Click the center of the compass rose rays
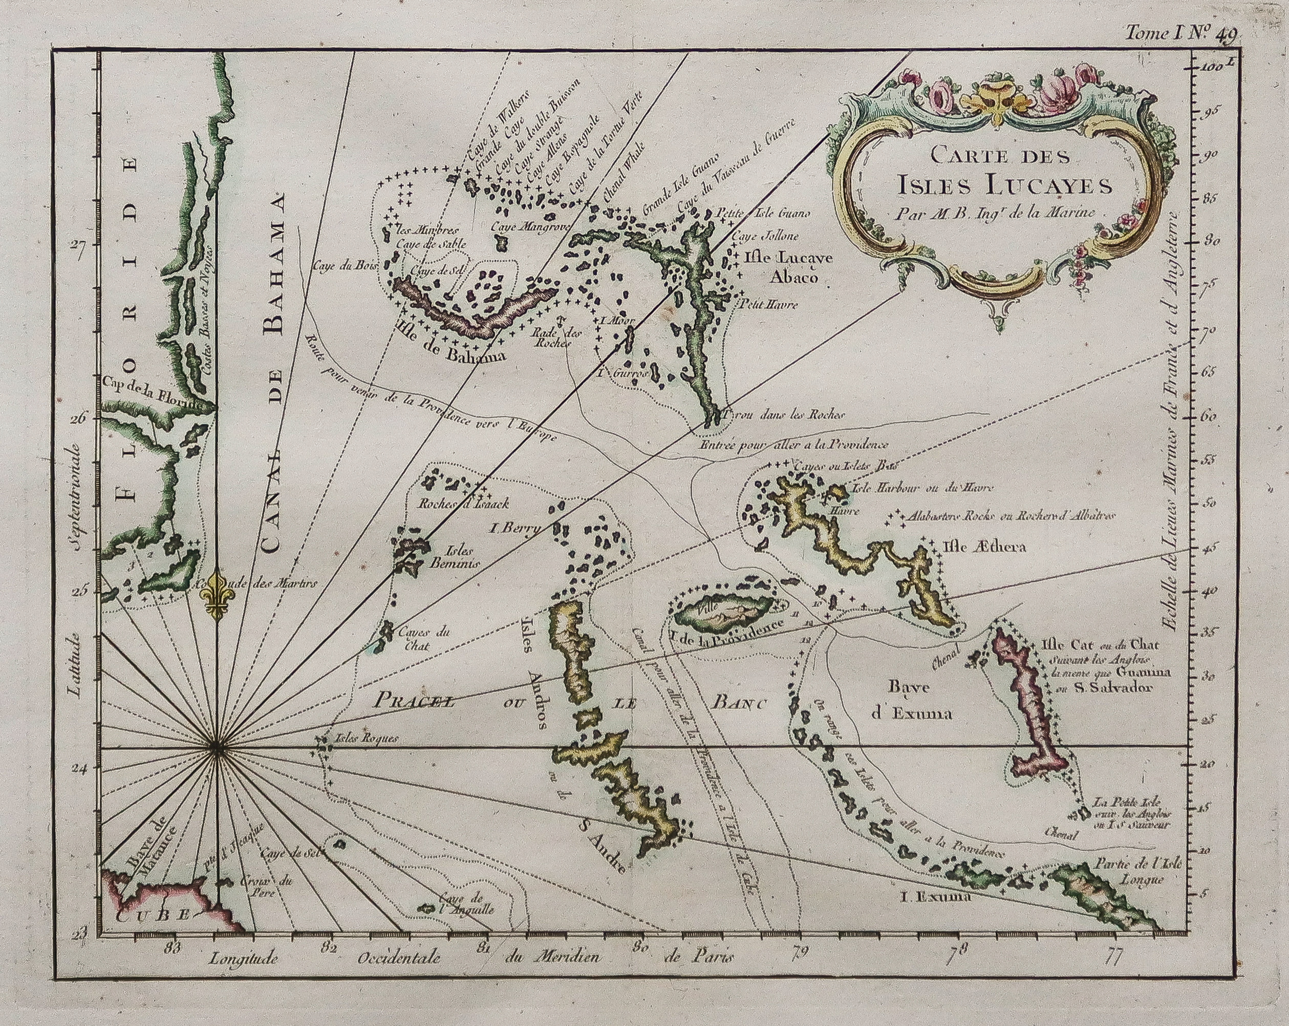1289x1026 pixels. tap(217, 747)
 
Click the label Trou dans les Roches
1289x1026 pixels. tap(783, 414)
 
